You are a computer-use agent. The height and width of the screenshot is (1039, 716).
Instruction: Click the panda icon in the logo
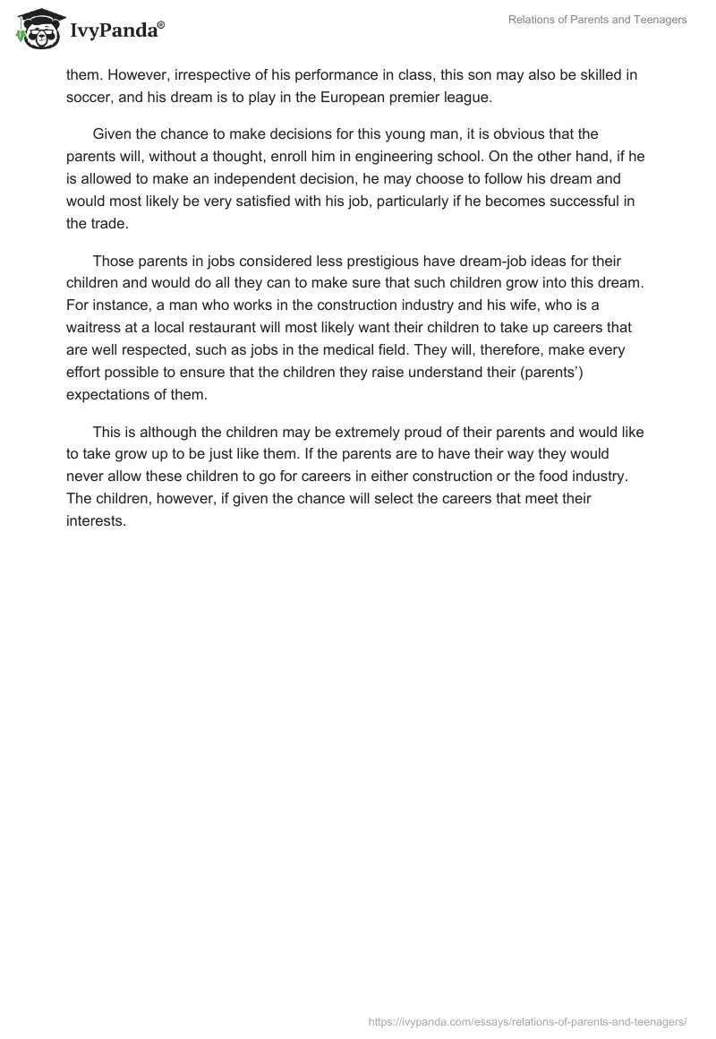37,29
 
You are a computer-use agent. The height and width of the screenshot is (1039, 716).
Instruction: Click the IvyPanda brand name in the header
117,30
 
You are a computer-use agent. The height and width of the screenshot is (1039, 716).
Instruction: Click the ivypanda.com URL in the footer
527,1020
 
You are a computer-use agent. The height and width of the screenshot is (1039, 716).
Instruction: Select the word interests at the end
96,521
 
